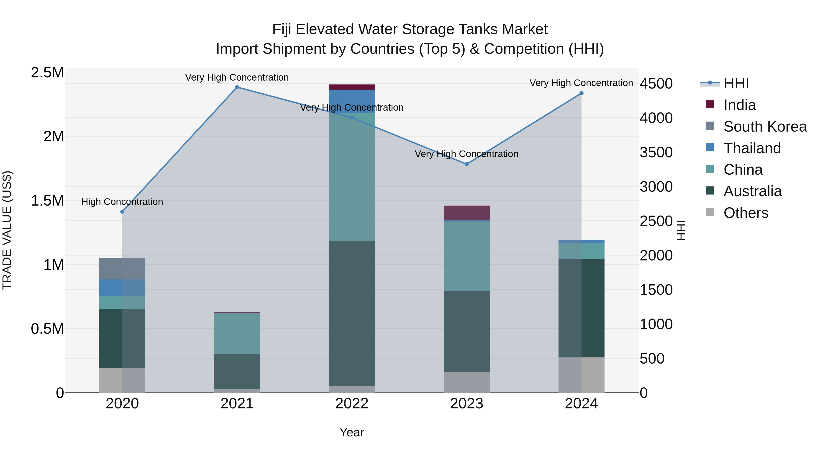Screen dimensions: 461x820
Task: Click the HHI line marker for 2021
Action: (x=237, y=87)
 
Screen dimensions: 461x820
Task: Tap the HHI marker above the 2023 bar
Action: (x=467, y=164)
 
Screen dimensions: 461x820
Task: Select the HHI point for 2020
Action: (x=122, y=211)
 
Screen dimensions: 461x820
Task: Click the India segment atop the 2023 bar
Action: (x=467, y=213)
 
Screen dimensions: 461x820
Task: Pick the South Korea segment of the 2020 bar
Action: (x=122, y=269)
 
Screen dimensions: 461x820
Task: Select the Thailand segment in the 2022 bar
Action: (x=352, y=101)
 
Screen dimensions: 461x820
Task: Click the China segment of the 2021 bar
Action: (x=237, y=334)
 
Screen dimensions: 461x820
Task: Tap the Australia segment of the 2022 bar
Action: (x=352, y=313)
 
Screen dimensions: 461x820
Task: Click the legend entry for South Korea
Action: (x=765, y=127)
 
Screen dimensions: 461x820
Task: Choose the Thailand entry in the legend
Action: (x=752, y=148)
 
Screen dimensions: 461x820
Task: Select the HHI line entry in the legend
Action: (x=736, y=83)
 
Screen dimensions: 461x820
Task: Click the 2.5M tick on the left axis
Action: (x=47, y=73)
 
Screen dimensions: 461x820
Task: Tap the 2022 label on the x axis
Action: (x=352, y=404)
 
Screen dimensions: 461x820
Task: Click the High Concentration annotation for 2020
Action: (x=122, y=202)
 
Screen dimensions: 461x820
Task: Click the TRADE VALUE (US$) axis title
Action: (x=7, y=230)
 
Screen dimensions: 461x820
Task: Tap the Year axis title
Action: (x=352, y=432)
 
